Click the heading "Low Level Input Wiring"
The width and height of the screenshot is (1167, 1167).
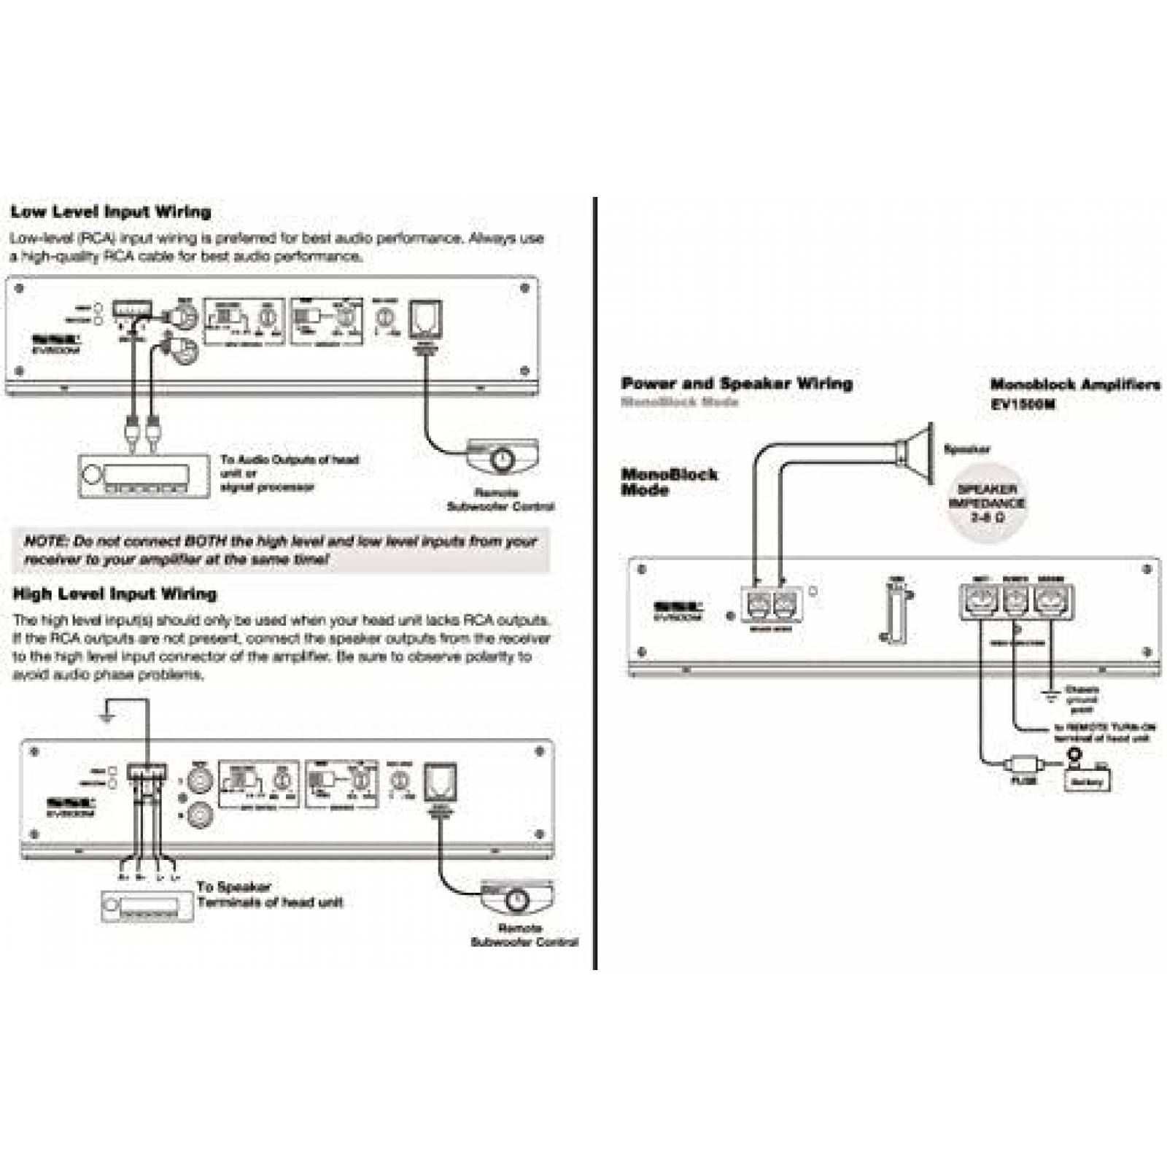(111, 212)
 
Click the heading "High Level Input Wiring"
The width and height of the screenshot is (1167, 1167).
(115, 594)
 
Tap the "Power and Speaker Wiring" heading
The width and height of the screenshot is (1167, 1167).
(737, 384)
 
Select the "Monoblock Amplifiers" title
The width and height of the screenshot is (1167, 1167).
(1074, 384)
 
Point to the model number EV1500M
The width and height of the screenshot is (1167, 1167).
(1023, 404)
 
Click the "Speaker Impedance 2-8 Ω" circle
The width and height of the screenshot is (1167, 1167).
(987, 503)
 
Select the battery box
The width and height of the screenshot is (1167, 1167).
(1087, 781)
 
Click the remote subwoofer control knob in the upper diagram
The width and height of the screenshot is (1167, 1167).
(503, 460)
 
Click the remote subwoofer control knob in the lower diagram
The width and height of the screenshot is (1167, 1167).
(518, 900)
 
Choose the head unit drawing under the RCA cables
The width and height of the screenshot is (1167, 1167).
(144, 476)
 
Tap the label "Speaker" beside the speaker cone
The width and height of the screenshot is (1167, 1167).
(967, 449)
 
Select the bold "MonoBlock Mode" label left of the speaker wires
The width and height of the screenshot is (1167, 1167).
(668, 482)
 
